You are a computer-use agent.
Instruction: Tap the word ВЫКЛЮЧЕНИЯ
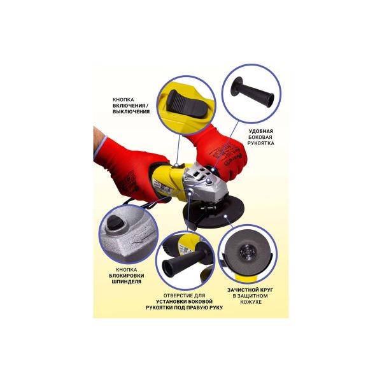click(132, 112)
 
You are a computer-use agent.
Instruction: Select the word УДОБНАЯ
click(260, 131)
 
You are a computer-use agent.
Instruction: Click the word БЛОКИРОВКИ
click(127, 276)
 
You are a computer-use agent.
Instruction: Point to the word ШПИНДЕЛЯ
click(127, 281)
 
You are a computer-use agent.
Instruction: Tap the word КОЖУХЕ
click(251, 302)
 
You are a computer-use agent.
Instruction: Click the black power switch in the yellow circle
click(187, 104)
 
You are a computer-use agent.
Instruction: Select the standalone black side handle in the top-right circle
click(252, 92)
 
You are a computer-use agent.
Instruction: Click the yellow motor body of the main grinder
click(168, 182)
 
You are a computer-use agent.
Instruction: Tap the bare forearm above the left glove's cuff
click(99, 138)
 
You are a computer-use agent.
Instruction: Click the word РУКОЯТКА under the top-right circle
click(260, 143)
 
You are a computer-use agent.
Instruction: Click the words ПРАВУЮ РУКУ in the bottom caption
click(204, 308)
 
